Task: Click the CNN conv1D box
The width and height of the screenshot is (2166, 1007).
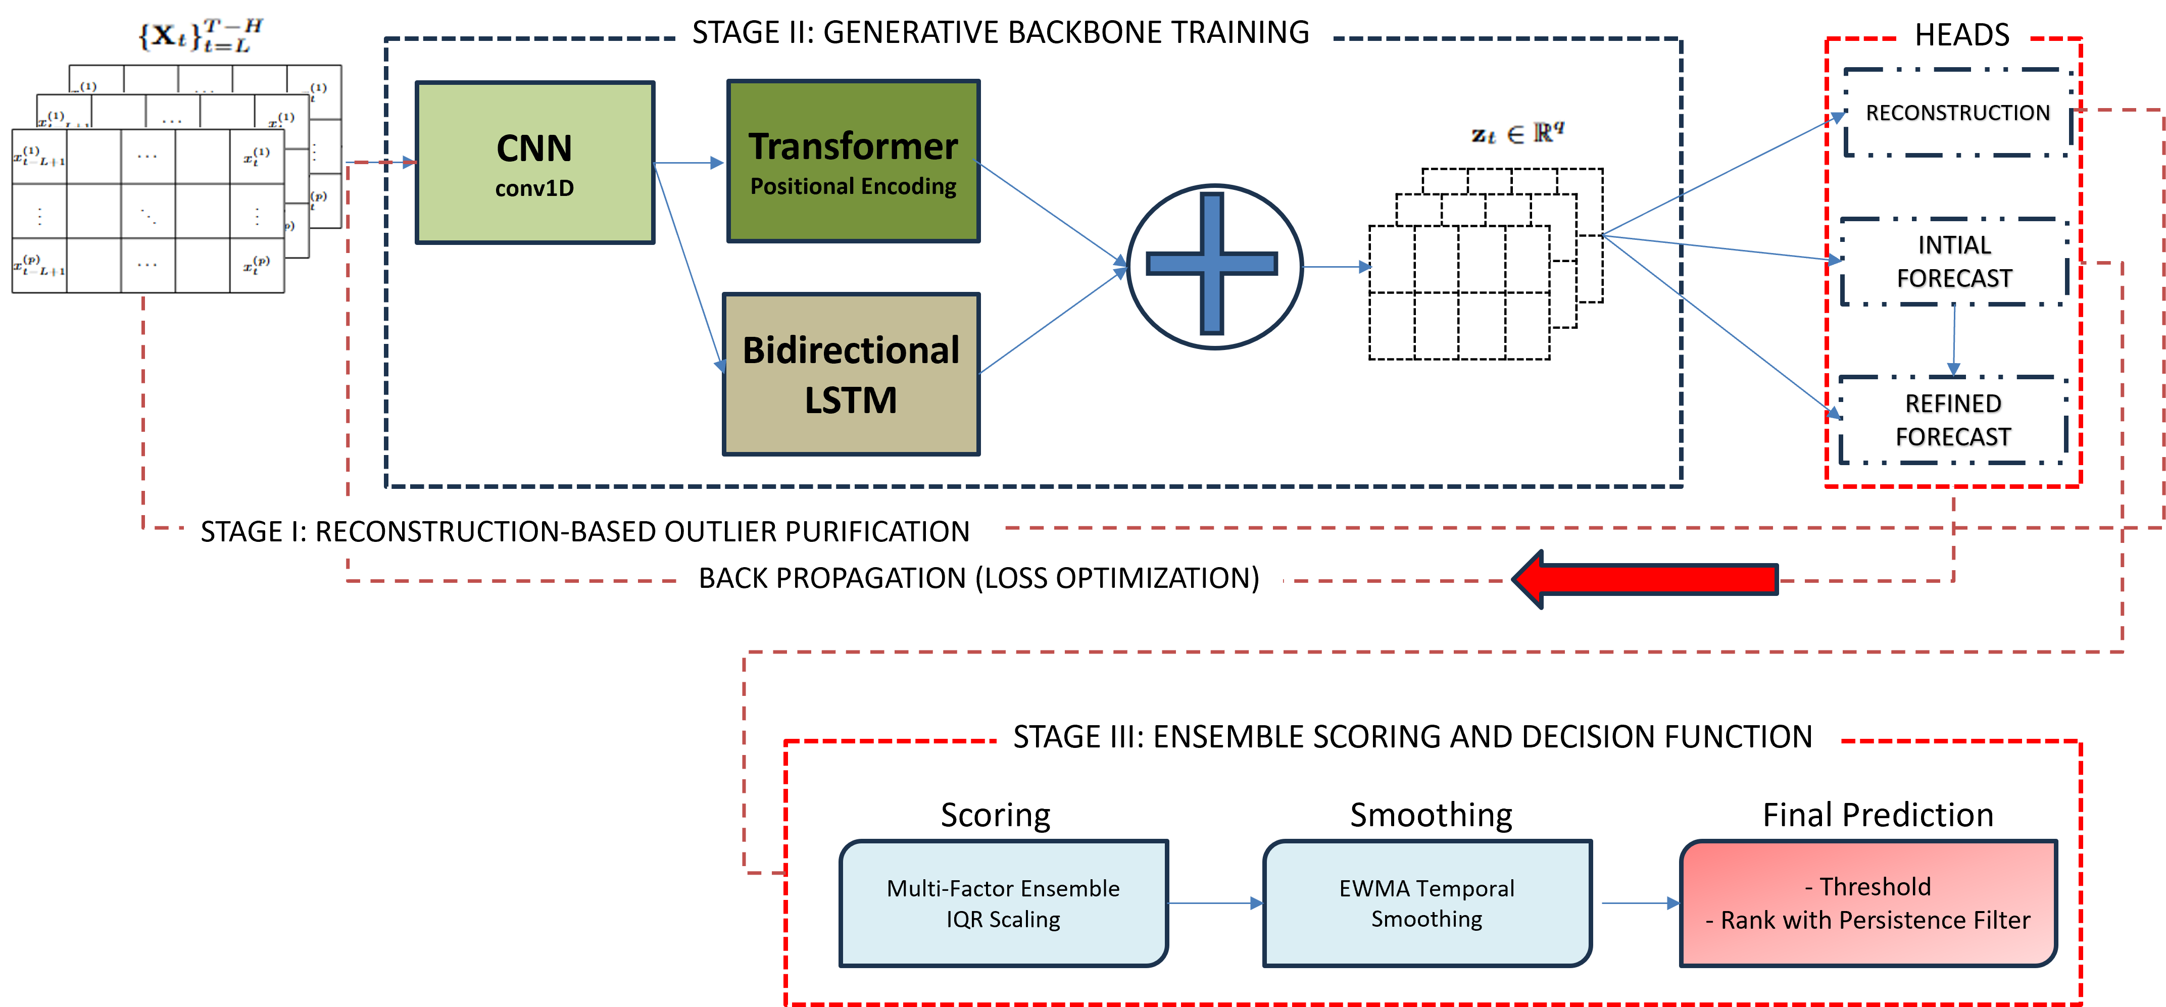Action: [x=535, y=163]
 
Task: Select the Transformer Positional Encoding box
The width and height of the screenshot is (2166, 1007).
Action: [x=853, y=162]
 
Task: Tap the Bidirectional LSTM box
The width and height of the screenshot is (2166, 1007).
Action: [x=851, y=374]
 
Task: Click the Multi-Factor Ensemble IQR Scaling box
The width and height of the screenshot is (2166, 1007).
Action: [x=1003, y=903]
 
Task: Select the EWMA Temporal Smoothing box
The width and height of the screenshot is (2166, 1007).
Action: [x=1427, y=903]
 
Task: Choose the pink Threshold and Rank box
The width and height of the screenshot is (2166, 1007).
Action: [x=1867, y=903]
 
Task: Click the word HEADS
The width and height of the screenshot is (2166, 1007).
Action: [x=1962, y=34]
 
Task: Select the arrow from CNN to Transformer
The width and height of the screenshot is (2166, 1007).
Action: [x=688, y=163]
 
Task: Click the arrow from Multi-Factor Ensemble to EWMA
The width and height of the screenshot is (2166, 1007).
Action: [x=1215, y=903]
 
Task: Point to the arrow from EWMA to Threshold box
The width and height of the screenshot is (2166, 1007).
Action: [x=1640, y=903]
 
